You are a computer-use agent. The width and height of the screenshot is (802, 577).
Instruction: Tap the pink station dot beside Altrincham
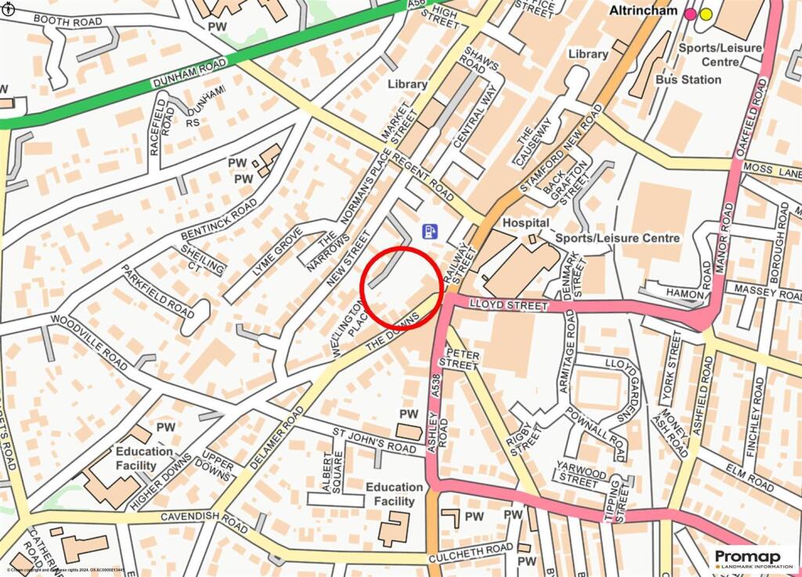(x=690, y=13)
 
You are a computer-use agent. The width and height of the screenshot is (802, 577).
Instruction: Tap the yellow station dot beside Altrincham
(x=706, y=13)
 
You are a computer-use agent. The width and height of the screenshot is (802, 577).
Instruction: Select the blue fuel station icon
(x=430, y=231)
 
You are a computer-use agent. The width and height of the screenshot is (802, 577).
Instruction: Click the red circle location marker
(x=402, y=287)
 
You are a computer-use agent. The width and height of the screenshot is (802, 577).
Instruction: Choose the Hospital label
(x=526, y=222)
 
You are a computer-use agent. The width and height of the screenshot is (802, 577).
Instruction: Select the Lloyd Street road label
(x=508, y=305)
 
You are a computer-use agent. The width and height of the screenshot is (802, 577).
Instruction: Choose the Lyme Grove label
(x=268, y=259)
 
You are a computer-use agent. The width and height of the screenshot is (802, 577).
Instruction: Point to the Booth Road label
(x=68, y=22)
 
